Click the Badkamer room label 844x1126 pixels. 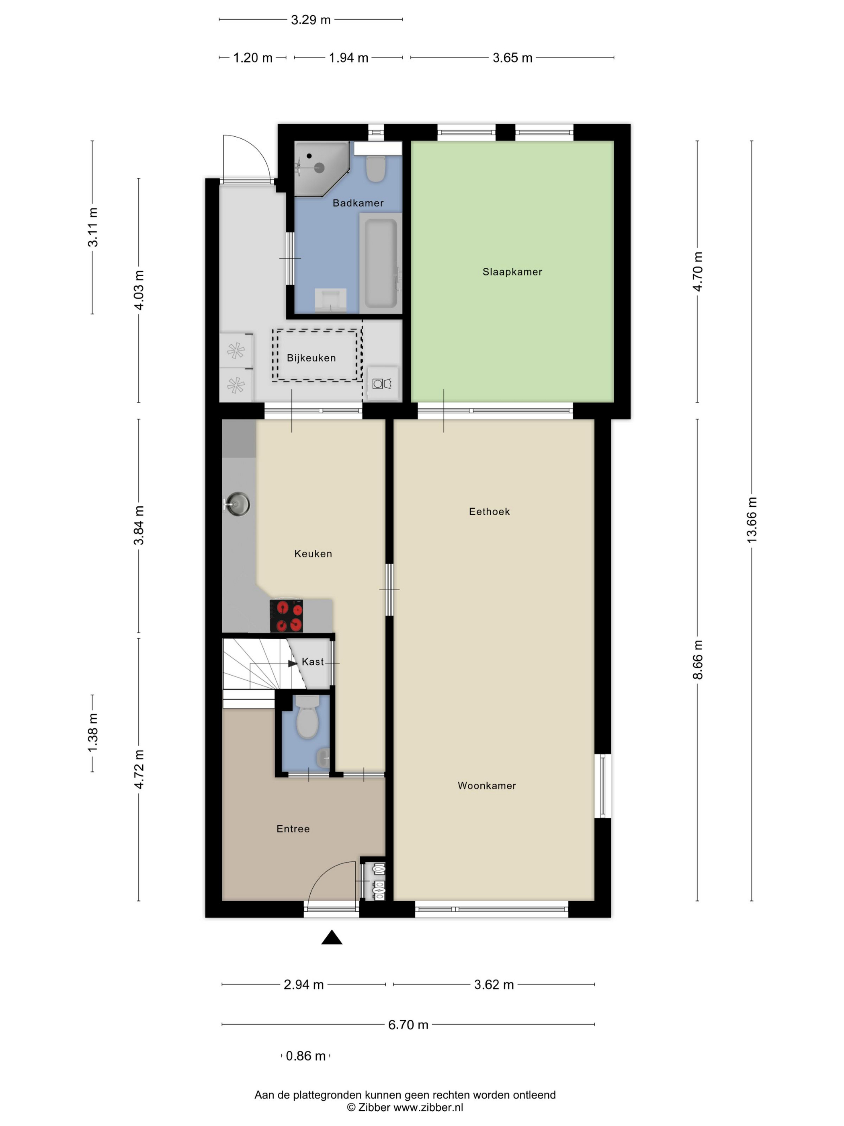tap(358, 203)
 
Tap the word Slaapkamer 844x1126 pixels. tap(512, 272)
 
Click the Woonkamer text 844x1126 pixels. tap(486, 785)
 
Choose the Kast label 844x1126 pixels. tap(312, 662)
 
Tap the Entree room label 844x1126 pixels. tap(293, 829)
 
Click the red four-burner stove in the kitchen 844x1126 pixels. tap(287, 616)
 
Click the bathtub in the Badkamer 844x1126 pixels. tap(381, 263)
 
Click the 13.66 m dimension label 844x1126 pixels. tap(752, 520)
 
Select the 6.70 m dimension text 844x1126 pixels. tap(408, 1025)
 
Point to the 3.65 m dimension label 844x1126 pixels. tap(512, 58)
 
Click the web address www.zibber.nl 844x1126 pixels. tap(428, 1108)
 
